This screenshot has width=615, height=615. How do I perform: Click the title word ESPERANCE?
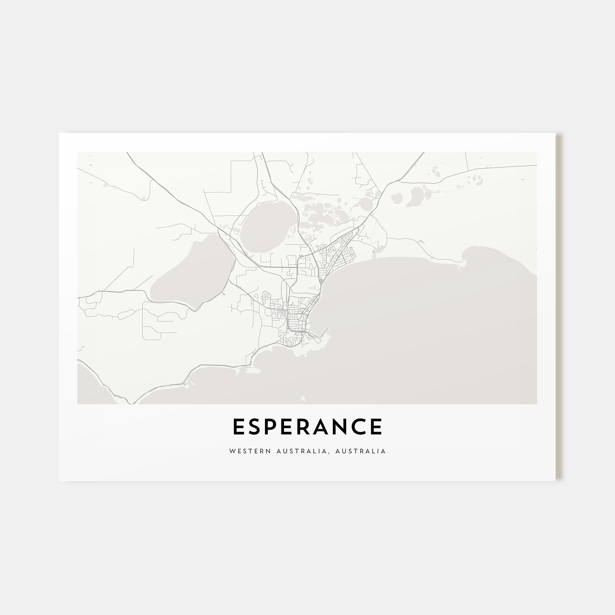(307, 427)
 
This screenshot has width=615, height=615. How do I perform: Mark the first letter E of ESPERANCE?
(239, 427)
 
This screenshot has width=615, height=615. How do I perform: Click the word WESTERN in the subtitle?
(250, 451)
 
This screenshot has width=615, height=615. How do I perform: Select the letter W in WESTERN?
(232, 451)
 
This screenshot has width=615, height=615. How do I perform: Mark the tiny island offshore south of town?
(303, 398)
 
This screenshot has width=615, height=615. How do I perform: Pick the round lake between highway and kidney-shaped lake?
(396, 198)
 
